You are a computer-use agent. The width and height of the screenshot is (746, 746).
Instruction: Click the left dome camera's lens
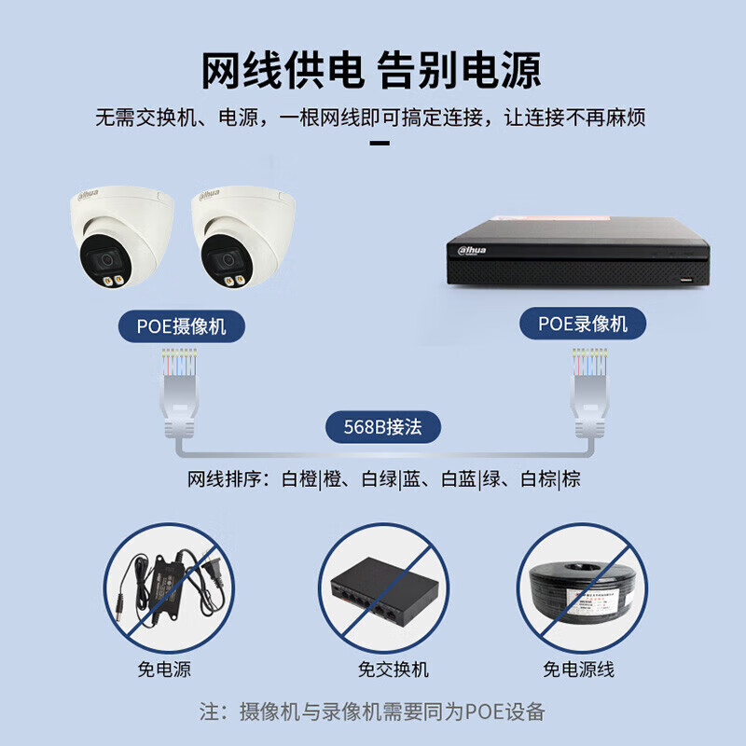(106, 260)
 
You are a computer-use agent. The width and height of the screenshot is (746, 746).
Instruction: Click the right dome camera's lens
(228, 260)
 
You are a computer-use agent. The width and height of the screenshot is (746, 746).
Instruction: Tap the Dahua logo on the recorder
(472, 250)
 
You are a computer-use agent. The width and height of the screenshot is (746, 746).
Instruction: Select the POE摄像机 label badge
(181, 326)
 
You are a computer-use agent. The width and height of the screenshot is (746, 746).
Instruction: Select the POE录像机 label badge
(582, 324)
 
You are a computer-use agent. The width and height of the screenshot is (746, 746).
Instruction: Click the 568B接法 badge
(383, 427)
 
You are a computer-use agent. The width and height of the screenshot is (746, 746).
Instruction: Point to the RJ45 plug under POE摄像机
(179, 393)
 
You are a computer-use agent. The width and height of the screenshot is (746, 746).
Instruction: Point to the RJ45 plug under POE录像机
(590, 393)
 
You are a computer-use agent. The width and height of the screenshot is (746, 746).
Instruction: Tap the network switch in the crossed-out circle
(384, 591)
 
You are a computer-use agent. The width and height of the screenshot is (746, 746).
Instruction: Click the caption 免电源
(164, 670)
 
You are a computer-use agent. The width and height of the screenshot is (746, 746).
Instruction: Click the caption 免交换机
(393, 670)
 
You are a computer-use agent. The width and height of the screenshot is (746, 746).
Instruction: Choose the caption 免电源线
(578, 670)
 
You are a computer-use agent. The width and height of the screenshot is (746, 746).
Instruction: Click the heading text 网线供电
(283, 71)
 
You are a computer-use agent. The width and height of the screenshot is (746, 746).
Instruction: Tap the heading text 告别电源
(460, 71)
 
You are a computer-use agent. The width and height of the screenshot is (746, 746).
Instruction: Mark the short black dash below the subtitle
(380, 143)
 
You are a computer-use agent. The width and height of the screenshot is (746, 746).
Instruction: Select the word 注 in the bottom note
(209, 711)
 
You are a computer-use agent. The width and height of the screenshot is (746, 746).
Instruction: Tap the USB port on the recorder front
(686, 279)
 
